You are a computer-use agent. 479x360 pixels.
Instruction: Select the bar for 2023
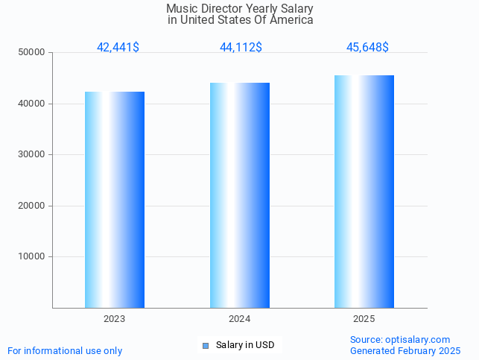(115, 200)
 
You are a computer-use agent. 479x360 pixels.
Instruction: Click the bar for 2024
(240, 195)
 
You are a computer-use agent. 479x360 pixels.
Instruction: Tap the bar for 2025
(364, 192)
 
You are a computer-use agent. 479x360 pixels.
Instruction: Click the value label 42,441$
(118, 48)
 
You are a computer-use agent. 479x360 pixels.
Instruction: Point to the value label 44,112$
(241, 48)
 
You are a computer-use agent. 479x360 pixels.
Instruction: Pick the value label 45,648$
(367, 48)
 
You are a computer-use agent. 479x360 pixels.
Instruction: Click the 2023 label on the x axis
(115, 319)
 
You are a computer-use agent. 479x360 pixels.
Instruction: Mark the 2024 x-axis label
(240, 319)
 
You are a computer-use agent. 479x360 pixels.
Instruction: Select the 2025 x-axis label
(364, 319)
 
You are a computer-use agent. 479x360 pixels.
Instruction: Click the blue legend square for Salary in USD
(206, 345)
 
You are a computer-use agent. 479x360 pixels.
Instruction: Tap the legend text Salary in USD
(245, 345)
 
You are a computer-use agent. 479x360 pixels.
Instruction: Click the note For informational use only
(65, 351)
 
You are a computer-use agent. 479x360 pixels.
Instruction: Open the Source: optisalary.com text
(400, 340)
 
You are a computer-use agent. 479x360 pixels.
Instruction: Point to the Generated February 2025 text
(405, 351)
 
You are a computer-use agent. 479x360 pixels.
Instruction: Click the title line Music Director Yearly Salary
(240, 9)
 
